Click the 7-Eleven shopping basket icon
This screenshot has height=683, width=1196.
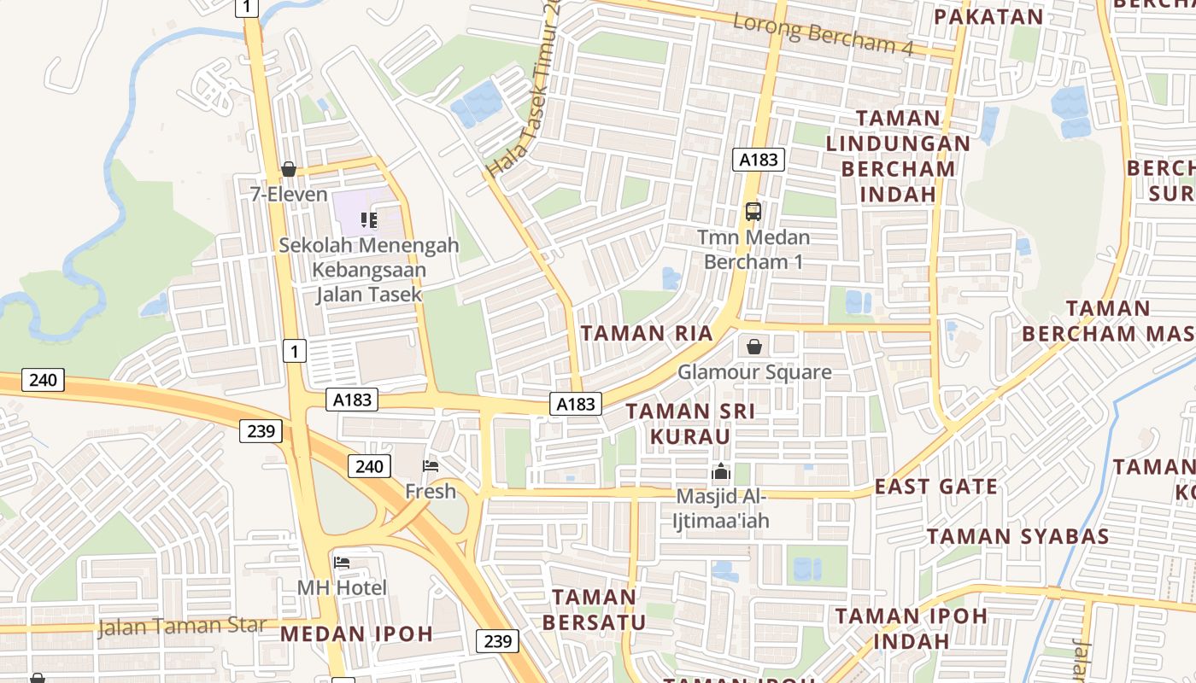[x=289, y=169]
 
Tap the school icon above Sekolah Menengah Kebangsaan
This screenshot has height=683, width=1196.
[x=369, y=220]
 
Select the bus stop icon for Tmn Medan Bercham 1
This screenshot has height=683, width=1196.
[x=753, y=211]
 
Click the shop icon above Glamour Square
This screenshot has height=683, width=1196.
[x=754, y=347]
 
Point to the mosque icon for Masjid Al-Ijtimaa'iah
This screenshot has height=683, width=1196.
[x=722, y=471]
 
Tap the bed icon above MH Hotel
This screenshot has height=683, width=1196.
[x=342, y=563]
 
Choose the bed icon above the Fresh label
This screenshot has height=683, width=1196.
[x=431, y=466]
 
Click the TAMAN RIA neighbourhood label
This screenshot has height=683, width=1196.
[x=647, y=333]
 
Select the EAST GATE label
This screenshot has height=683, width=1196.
[x=936, y=487]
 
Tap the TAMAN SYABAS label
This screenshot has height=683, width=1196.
[x=1018, y=536]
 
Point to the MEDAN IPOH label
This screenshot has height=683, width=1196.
[x=356, y=633]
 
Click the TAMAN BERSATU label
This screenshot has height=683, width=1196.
[x=594, y=609]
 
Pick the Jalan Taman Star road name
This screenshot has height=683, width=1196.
[x=182, y=626]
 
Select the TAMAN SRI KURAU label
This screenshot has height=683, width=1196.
[x=690, y=423]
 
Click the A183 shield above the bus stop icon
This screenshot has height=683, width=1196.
[x=759, y=159]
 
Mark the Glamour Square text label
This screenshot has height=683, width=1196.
[x=754, y=372]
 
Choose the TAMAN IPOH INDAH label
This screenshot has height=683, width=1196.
[x=911, y=628]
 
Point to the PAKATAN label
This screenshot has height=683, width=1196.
[x=988, y=17]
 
